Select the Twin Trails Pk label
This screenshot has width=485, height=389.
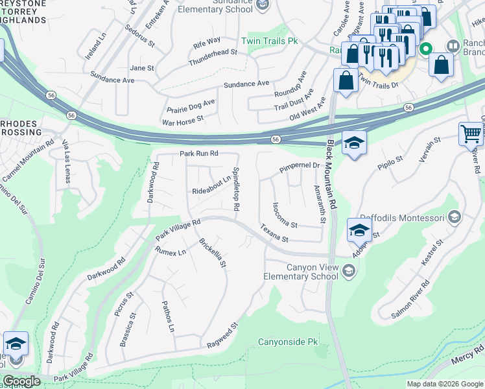[269, 41]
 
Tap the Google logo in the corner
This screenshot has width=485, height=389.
[21, 381]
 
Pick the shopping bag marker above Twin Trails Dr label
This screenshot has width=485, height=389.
[346, 81]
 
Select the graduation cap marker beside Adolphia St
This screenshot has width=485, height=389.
[359, 230]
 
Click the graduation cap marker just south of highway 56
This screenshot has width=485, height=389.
[355, 143]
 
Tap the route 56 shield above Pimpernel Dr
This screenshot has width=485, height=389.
[276, 139]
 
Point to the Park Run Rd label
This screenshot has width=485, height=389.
[198, 154]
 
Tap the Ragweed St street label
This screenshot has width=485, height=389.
[222, 334]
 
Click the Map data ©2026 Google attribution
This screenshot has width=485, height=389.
[445, 384]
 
